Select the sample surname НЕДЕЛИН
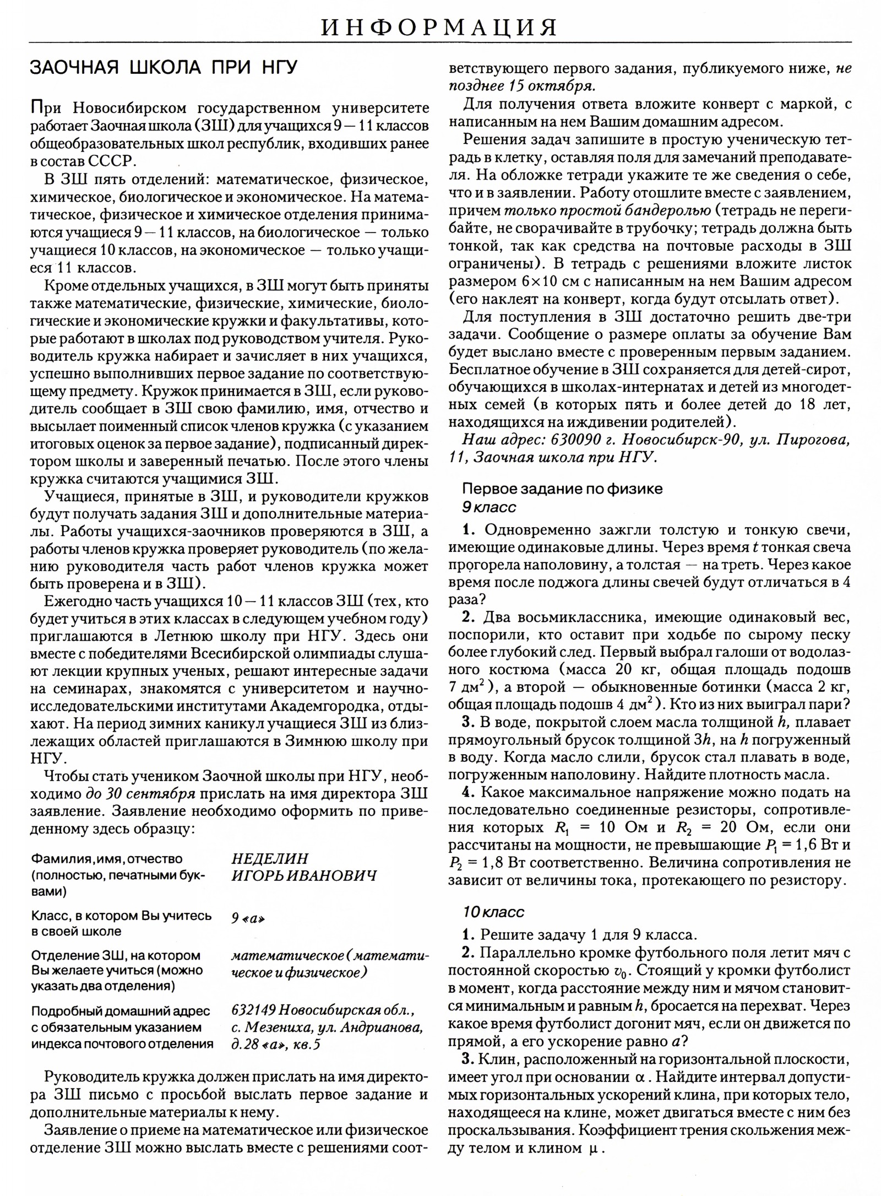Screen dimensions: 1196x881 point(270,859)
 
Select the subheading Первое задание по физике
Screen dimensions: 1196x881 point(562,489)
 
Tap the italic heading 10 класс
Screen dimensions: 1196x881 point(493,912)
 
